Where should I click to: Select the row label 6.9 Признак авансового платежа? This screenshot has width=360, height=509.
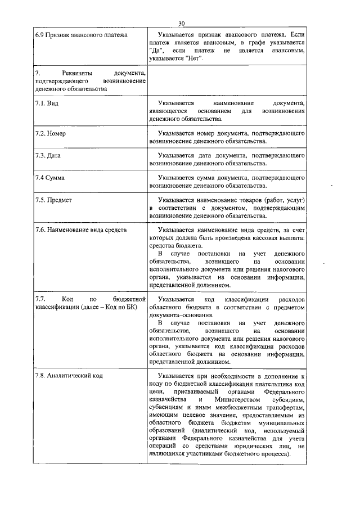[x=81, y=35]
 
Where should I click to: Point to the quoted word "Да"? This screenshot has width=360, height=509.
[x=156, y=51]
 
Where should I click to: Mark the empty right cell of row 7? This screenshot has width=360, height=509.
[x=227, y=82]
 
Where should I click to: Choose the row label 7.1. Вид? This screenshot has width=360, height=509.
[x=47, y=104]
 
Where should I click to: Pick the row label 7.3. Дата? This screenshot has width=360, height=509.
[x=49, y=155]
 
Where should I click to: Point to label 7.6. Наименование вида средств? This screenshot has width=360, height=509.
[x=81, y=230]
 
